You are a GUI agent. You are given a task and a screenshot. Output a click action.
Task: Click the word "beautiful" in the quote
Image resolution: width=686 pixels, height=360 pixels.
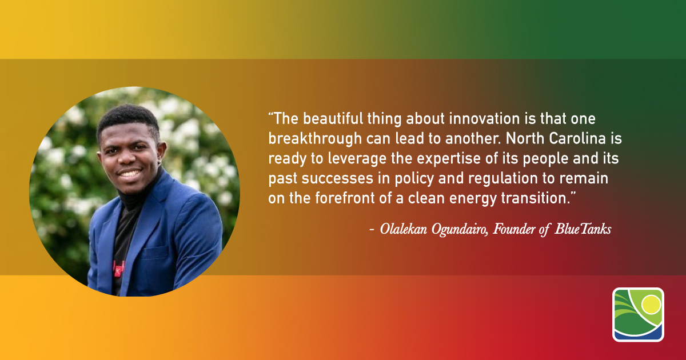click(x=333, y=119)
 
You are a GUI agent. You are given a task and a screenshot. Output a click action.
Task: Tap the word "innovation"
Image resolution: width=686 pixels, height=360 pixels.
click(x=485, y=119)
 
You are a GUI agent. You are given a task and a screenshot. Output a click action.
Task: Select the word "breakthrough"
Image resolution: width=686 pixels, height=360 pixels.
click(x=315, y=139)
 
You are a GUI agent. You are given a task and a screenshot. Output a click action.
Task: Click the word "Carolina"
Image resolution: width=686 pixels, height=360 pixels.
click(x=577, y=139)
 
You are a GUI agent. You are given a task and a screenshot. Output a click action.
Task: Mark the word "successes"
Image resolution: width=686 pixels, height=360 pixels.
click(x=337, y=179)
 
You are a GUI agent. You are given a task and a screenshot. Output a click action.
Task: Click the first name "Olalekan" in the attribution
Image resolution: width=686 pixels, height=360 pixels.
click(x=404, y=229)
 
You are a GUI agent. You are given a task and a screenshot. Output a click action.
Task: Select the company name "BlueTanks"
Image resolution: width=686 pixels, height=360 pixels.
click(x=583, y=229)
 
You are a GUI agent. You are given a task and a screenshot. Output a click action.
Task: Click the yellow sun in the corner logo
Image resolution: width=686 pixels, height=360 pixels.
click(x=651, y=305)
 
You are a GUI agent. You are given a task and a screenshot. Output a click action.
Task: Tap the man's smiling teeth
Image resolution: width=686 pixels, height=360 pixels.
click(x=129, y=174)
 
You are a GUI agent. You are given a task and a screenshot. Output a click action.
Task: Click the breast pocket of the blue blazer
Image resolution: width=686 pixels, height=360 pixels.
click(x=156, y=252)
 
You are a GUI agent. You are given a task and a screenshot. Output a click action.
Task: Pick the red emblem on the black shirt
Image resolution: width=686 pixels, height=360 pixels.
click(x=118, y=268)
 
